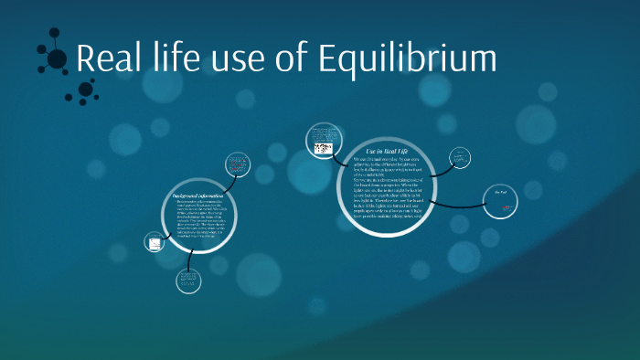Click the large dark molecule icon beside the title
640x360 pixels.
pyautogui.click(x=57, y=58)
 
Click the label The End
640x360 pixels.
pyautogui.click(x=500, y=191)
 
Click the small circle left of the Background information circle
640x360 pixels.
pyautogui.click(x=154, y=242)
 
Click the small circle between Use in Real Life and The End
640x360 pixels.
pyautogui.click(x=460, y=158)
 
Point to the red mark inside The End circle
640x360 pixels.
pyautogui.click(x=505, y=209)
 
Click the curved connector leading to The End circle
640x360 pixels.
pyautogui.click(x=466, y=200)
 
